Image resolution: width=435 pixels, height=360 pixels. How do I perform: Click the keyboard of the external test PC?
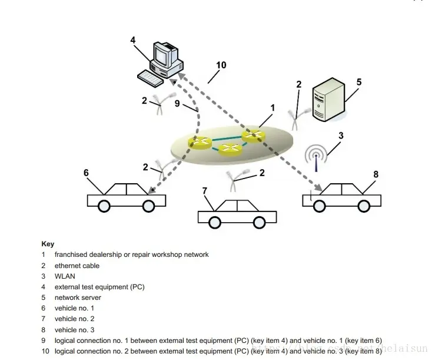tap(150, 77)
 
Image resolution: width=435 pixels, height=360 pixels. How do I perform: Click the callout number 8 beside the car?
tap(376, 174)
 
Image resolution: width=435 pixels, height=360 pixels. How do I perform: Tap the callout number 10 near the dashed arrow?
tap(221, 65)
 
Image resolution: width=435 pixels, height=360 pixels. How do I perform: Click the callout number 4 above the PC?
tap(133, 40)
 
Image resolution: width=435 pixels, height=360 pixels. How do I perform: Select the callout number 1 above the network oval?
tap(273, 108)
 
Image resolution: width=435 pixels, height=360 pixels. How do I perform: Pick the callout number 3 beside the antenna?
tap(340, 136)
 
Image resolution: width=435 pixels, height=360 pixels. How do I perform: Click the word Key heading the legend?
tap(48, 244)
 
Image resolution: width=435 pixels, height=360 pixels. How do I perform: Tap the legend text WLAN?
tap(65, 276)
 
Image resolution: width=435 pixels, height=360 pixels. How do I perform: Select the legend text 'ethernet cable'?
tap(77, 265)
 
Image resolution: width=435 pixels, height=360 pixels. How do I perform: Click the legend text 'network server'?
tap(78, 298)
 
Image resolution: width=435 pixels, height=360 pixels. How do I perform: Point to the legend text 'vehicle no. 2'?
tap(74, 319)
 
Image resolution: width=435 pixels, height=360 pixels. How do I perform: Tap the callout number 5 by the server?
tap(358, 82)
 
